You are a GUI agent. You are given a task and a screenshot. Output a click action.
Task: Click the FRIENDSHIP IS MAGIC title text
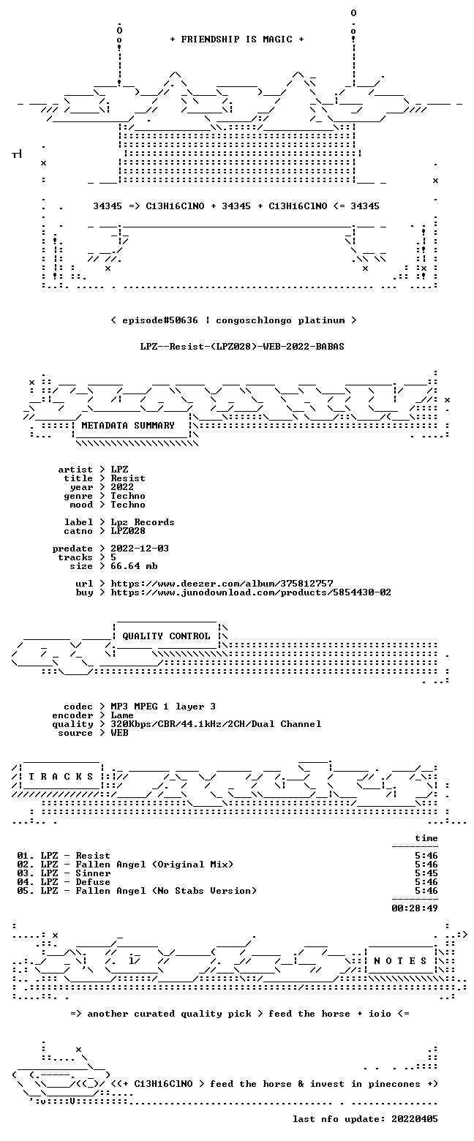pyautogui.click(x=237, y=39)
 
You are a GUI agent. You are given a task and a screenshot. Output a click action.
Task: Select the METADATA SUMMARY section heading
pyautogui.click(x=128, y=426)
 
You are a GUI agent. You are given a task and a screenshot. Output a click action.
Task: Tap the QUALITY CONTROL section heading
pyautogui.click(x=166, y=636)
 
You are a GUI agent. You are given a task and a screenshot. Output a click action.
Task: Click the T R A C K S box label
pyautogui.click(x=61, y=776)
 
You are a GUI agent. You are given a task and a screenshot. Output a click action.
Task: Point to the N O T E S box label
pyautogui.click(x=400, y=960)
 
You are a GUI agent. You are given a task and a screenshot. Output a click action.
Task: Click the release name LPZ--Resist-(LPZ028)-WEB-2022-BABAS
pyautogui.click(x=242, y=347)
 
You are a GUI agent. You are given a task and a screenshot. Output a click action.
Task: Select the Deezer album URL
pyautogui.click(x=222, y=583)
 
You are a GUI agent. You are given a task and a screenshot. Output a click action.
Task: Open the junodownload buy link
pyautogui.click(x=251, y=592)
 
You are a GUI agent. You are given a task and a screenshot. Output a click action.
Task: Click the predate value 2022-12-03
pyautogui.click(x=140, y=549)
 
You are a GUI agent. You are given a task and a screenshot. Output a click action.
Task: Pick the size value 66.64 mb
pyautogui.click(x=134, y=566)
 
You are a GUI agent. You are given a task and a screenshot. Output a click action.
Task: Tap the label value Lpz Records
pyautogui.click(x=143, y=522)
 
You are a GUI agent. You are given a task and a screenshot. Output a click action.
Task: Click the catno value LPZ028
pyautogui.click(x=128, y=531)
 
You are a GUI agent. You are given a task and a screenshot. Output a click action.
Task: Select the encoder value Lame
pyautogui.click(x=122, y=715)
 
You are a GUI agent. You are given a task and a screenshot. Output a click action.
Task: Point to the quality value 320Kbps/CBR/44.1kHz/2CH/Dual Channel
pyautogui.click(x=216, y=724)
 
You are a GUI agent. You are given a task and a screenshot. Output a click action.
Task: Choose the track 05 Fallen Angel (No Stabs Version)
pyautogui.click(x=166, y=890)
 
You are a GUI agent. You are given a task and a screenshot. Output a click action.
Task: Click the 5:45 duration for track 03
pyautogui.click(x=426, y=873)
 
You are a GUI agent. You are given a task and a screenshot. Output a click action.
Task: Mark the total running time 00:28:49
pyautogui.click(x=415, y=908)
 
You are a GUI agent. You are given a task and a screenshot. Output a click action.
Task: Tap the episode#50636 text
pyautogui.click(x=160, y=320)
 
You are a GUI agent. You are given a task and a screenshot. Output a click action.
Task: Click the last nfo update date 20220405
pyautogui.click(x=415, y=1119)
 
